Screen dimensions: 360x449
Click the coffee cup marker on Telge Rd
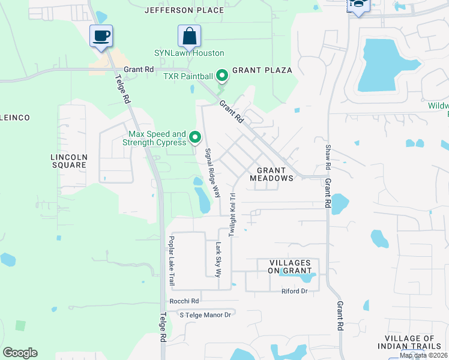click(101, 35)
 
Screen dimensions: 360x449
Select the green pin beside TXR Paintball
click(221, 76)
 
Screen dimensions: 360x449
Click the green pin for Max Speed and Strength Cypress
click(194, 138)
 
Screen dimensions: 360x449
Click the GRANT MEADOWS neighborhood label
click(271, 174)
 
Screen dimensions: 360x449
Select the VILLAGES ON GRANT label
click(289, 267)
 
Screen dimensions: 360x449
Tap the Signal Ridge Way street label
click(212, 173)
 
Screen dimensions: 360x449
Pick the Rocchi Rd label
click(184, 301)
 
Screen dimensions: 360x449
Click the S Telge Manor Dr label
click(205, 314)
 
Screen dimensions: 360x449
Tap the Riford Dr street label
click(294, 291)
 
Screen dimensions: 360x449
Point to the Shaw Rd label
click(328, 157)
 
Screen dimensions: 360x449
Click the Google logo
click(20, 353)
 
